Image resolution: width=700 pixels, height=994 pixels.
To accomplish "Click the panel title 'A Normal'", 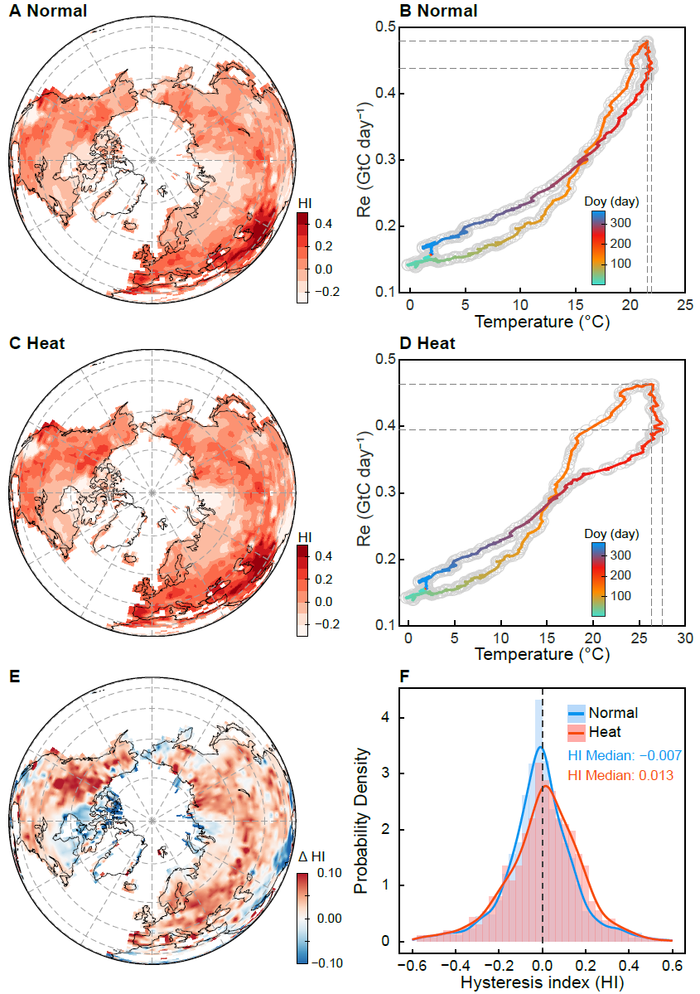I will click(x=48, y=11).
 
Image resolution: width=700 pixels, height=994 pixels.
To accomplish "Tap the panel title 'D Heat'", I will click(x=427, y=343).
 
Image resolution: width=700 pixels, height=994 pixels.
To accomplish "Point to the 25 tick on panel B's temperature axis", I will click(x=684, y=306).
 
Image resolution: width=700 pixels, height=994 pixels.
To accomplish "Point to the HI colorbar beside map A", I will click(x=304, y=258).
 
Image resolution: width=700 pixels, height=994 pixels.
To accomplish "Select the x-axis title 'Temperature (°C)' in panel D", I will click(x=542, y=655).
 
